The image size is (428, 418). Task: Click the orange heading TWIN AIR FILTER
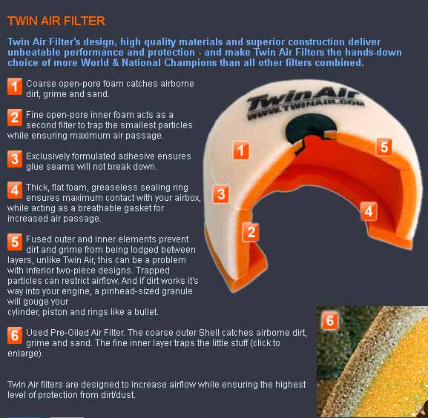point(56,21)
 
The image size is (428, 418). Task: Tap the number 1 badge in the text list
point(15,87)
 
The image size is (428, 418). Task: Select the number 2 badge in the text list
point(15,118)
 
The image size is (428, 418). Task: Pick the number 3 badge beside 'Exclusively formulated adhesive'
point(15,159)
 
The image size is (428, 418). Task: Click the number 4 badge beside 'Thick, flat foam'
point(15,190)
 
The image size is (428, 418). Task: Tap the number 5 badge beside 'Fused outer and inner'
point(15,242)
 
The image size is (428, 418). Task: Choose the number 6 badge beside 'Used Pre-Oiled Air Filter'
point(15,335)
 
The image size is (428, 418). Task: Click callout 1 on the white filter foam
point(241,150)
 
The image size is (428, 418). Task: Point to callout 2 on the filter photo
point(251,232)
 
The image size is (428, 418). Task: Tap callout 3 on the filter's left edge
point(221,194)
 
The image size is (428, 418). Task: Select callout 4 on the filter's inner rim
point(369,211)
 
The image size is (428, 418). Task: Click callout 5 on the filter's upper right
point(383,147)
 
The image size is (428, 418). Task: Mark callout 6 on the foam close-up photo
point(330,320)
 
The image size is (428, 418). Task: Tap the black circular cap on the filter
point(311,129)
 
